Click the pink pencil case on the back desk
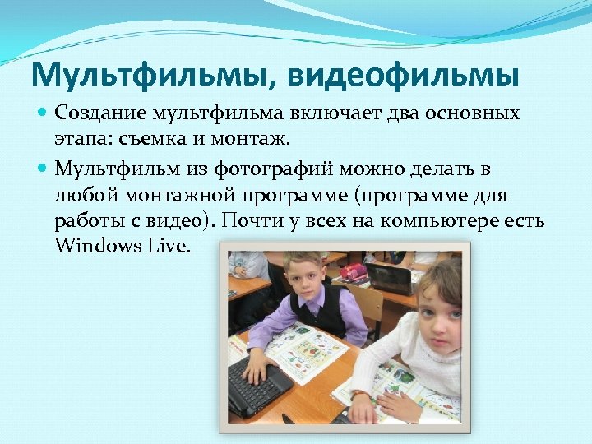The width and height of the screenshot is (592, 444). (x=355, y=272)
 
